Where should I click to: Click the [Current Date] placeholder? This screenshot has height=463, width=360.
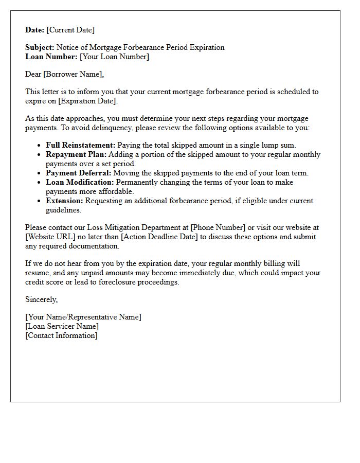click(70, 30)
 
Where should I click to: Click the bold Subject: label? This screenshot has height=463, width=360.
click(40, 47)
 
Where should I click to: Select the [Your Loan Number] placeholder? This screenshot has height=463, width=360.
click(114, 57)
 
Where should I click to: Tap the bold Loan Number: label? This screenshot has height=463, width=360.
click(51, 57)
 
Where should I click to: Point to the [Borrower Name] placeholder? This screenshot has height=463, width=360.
click(73, 74)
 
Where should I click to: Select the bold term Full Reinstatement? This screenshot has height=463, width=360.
click(81, 145)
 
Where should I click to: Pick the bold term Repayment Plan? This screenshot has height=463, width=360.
click(76, 154)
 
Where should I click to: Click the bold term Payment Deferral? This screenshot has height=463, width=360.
click(79, 173)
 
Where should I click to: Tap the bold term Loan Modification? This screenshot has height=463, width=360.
click(80, 182)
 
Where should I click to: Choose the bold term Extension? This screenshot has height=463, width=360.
click(64, 201)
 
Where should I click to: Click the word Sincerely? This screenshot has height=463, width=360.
click(41, 299)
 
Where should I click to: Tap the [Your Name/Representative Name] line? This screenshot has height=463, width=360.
click(83, 317)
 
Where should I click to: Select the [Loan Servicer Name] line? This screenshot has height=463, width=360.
click(62, 326)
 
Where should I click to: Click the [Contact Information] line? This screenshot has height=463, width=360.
click(61, 335)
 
